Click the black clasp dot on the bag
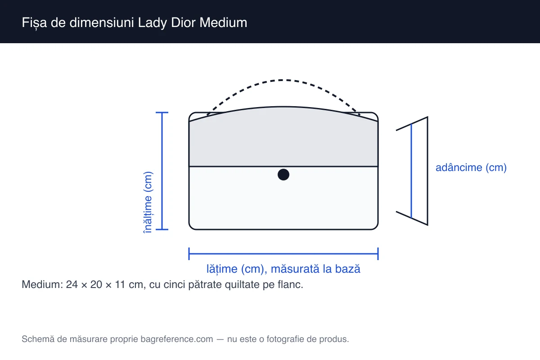tap(283, 175)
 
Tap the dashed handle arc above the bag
tap(283, 80)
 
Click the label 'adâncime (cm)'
tap(471, 167)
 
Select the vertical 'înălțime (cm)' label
tap(148, 202)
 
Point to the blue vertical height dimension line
tap(162, 171)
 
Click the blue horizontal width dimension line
tap(283, 254)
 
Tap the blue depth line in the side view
tap(411, 171)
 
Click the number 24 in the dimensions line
tap(72, 284)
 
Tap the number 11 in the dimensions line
tap(120, 284)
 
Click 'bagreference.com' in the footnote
tap(177, 339)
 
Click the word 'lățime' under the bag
tap(222, 269)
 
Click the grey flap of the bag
tap(283, 140)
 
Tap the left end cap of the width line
tap(189, 254)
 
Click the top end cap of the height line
tap(162, 112)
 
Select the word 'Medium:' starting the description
tap(42, 284)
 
